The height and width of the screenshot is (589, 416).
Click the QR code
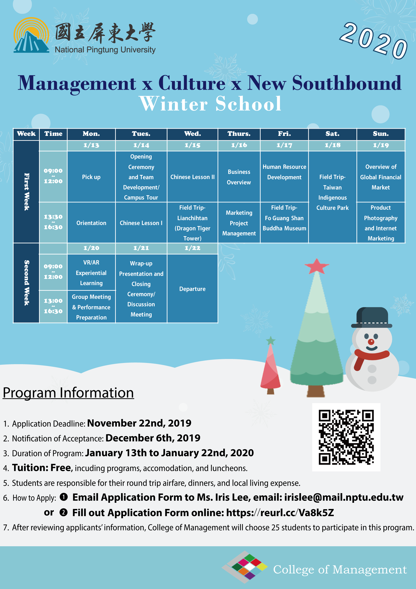point(346,437)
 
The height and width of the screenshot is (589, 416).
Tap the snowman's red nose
point(371,342)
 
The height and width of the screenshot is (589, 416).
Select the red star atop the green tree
point(317,266)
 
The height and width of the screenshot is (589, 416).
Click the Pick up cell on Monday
point(91,177)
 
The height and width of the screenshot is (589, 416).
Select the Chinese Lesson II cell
point(192,177)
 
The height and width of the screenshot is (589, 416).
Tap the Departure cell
point(192,289)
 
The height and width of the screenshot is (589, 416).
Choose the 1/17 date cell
point(284,146)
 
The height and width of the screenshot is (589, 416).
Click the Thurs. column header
point(239,134)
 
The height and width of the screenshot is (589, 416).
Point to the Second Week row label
point(26,283)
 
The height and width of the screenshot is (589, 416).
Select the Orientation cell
point(91,223)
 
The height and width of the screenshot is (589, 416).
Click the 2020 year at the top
point(374,40)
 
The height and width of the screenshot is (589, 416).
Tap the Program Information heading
point(68,393)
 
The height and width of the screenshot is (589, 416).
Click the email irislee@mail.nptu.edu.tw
point(344,497)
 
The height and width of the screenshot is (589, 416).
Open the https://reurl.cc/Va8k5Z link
point(280,513)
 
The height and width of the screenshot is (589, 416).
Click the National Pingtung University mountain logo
point(32,35)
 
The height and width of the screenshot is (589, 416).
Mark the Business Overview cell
point(239,177)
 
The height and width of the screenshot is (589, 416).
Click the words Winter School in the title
point(210,103)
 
